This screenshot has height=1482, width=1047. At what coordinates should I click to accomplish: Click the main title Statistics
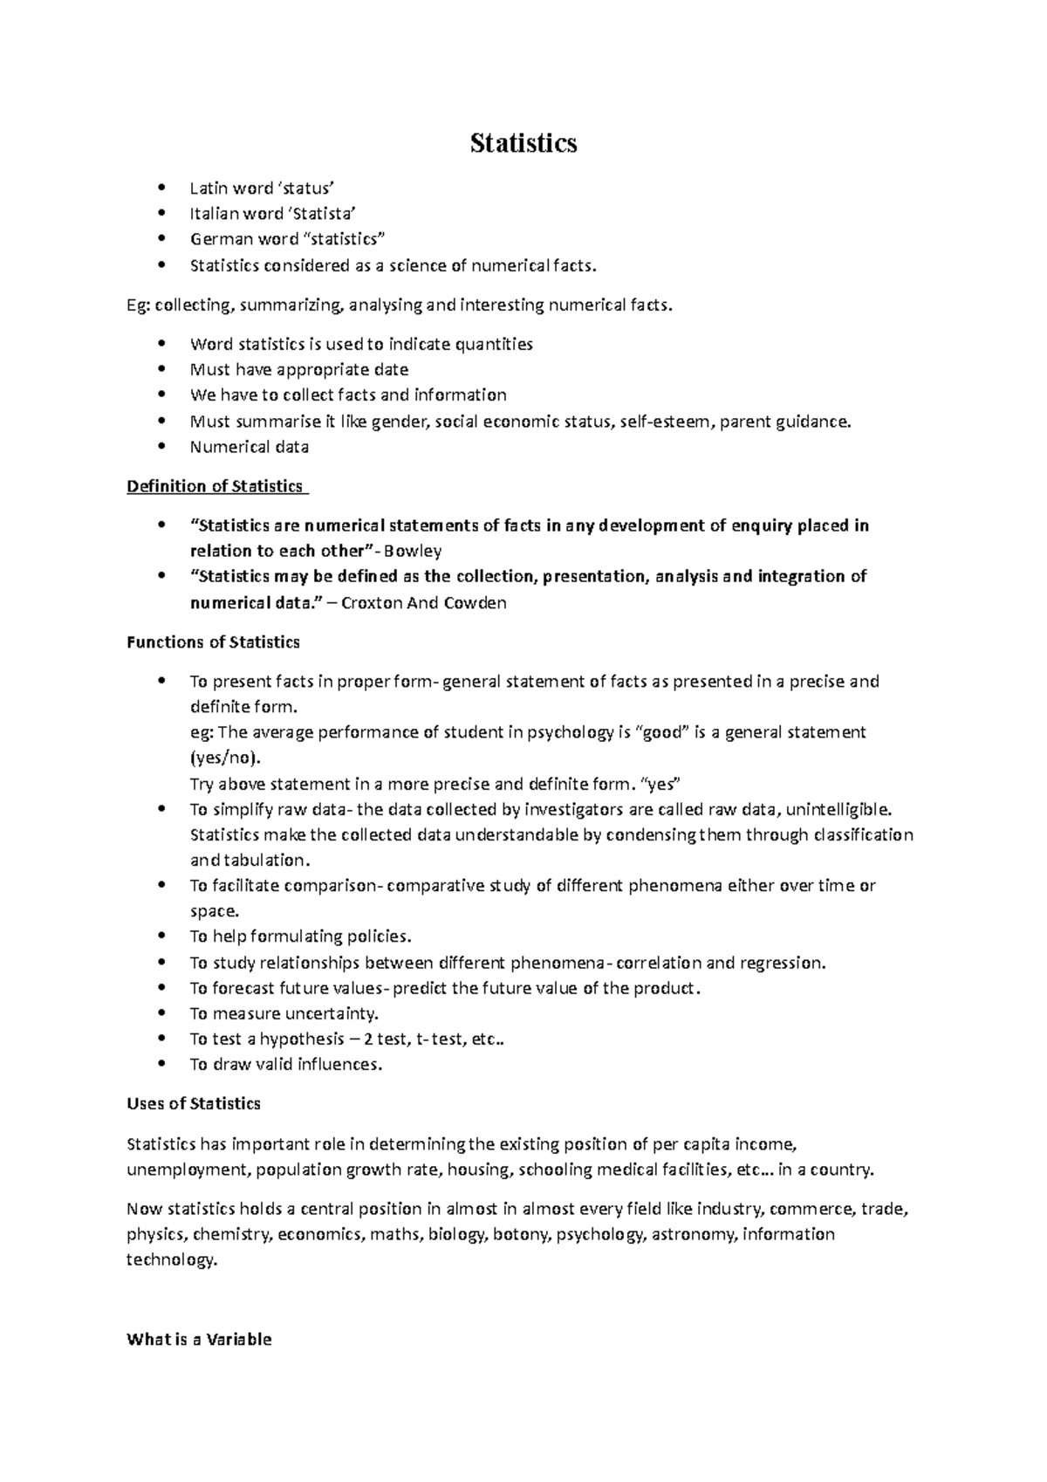[523, 143]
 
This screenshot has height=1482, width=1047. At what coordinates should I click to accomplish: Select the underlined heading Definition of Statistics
[215, 486]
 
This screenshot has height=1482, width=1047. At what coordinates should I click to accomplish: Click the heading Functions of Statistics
[213, 642]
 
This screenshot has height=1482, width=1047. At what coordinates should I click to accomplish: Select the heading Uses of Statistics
[194, 1104]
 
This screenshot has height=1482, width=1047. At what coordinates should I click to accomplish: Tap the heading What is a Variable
[199, 1340]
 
